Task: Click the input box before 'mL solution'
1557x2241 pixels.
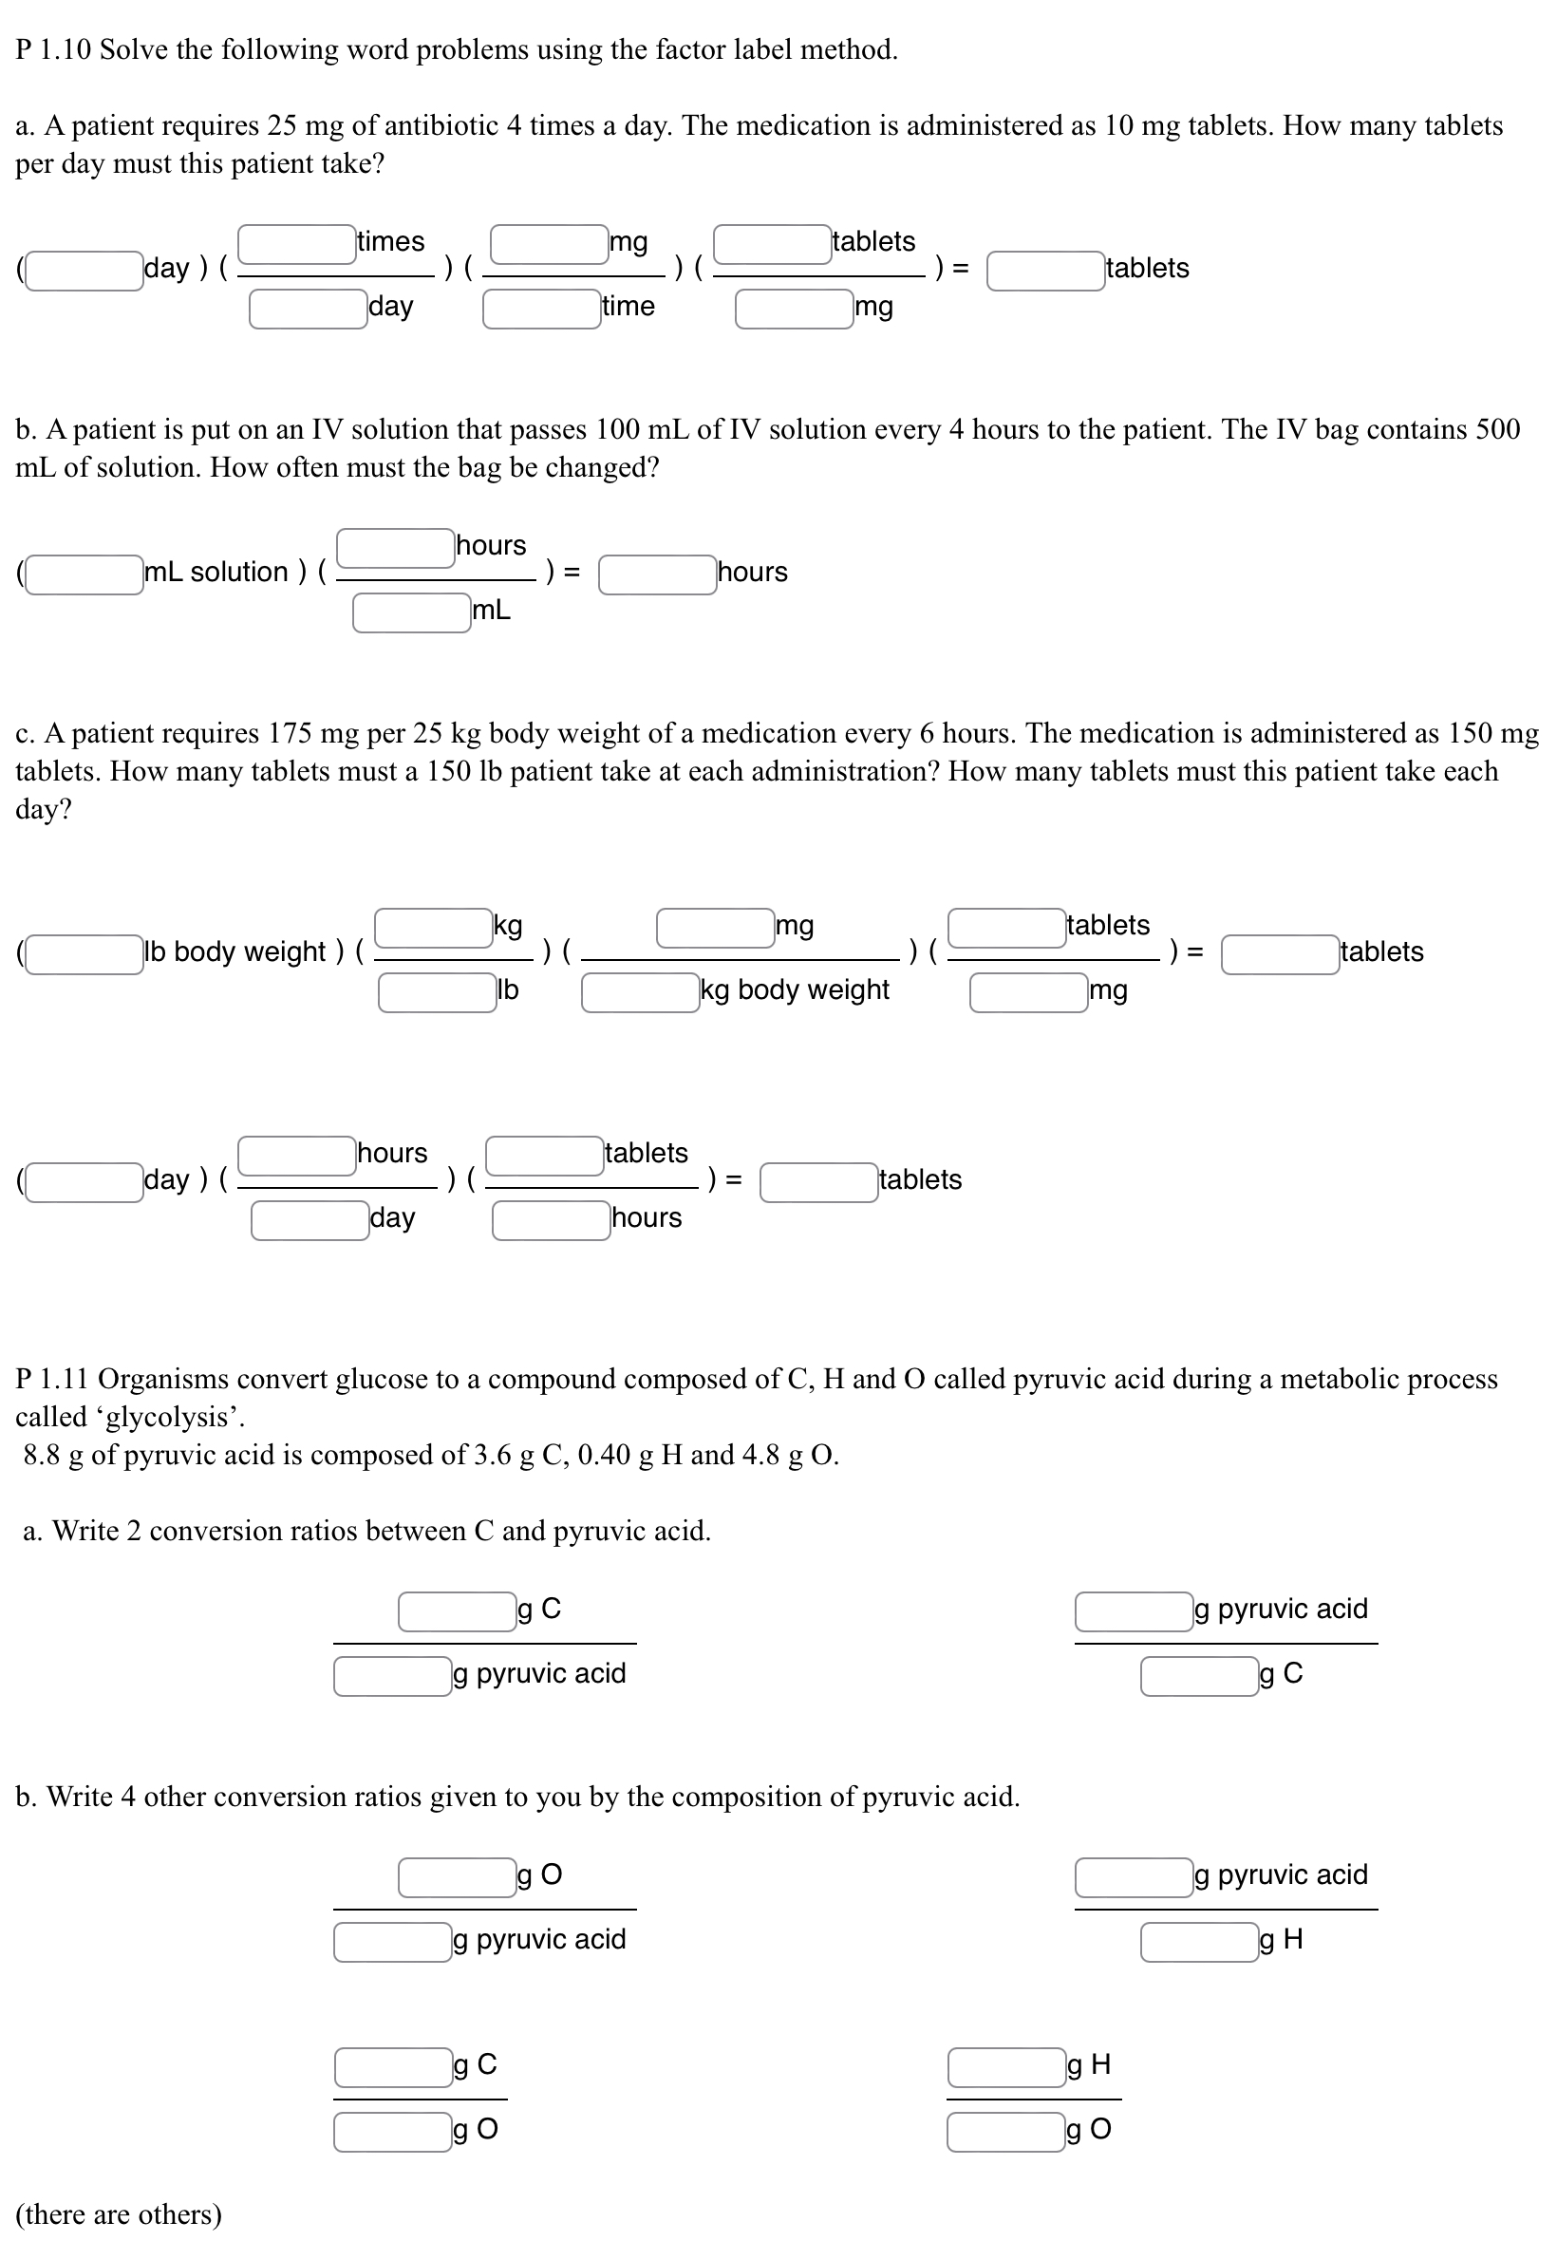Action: tap(84, 574)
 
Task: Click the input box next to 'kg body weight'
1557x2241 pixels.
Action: tap(640, 992)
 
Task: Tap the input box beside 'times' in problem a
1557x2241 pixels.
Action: tap(296, 244)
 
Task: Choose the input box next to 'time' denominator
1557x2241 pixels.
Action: tap(541, 309)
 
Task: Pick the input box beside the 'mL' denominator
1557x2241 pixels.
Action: tap(412, 612)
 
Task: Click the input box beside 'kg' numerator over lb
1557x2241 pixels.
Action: tap(433, 927)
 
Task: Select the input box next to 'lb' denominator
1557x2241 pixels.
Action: tap(437, 992)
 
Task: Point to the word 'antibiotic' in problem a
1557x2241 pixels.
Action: tap(438, 126)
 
